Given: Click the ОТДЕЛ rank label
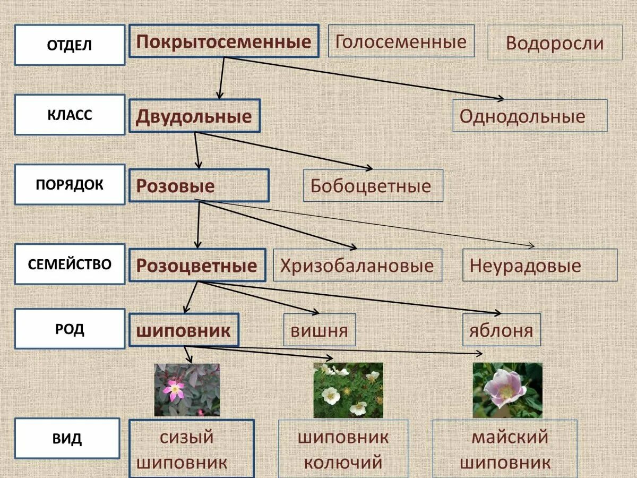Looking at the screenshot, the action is pyautogui.click(x=70, y=45).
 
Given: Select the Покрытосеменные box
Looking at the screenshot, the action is pyautogui.click(x=223, y=41).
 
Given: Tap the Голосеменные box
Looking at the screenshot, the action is pyautogui.click(x=401, y=41).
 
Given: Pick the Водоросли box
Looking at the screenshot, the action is pyautogui.click(x=555, y=42).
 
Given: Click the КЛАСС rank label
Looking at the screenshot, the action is pyautogui.click(x=70, y=115).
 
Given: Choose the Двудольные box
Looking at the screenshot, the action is pyautogui.click(x=194, y=116).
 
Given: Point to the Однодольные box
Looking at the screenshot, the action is pyautogui.click(x=529, y=116).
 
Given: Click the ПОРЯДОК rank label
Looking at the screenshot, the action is pyautogui.click(x=70, y=184).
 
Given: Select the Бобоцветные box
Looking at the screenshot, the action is pyautogui.click(x=373, y=185).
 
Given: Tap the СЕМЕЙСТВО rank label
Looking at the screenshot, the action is pyautogui.click(x=70, y=264).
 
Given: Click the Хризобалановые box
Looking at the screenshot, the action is pyautogui.click(x=357, y=265).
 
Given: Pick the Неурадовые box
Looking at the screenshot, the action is pyautogui.click(x=539, y=265).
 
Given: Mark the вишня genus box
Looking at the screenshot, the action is pyautogui.click(x=319, y=330).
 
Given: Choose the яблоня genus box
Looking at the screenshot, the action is pyautogui.click(x=501, y=330).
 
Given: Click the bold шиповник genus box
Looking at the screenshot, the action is pyautogui.click(x=184, y=330).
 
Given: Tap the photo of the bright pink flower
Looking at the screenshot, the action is pyautogui.click(x=186, y=390).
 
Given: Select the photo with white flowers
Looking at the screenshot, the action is pyautogui.click(x=348, y=390).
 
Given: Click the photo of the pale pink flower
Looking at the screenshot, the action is pyautogui.click(x=507, y=390).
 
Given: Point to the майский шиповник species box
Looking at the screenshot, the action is pyautogui.click(x=504, y=449).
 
